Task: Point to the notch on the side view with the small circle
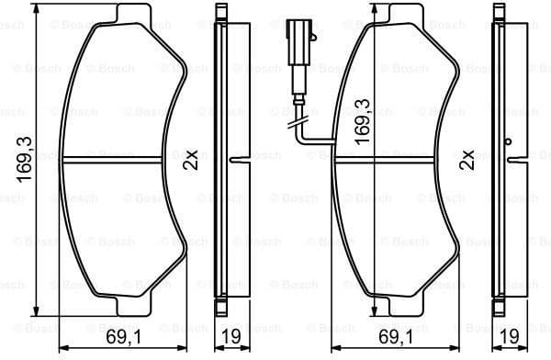[x=512, y=161]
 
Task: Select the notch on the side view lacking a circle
[x=235, y=161]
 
